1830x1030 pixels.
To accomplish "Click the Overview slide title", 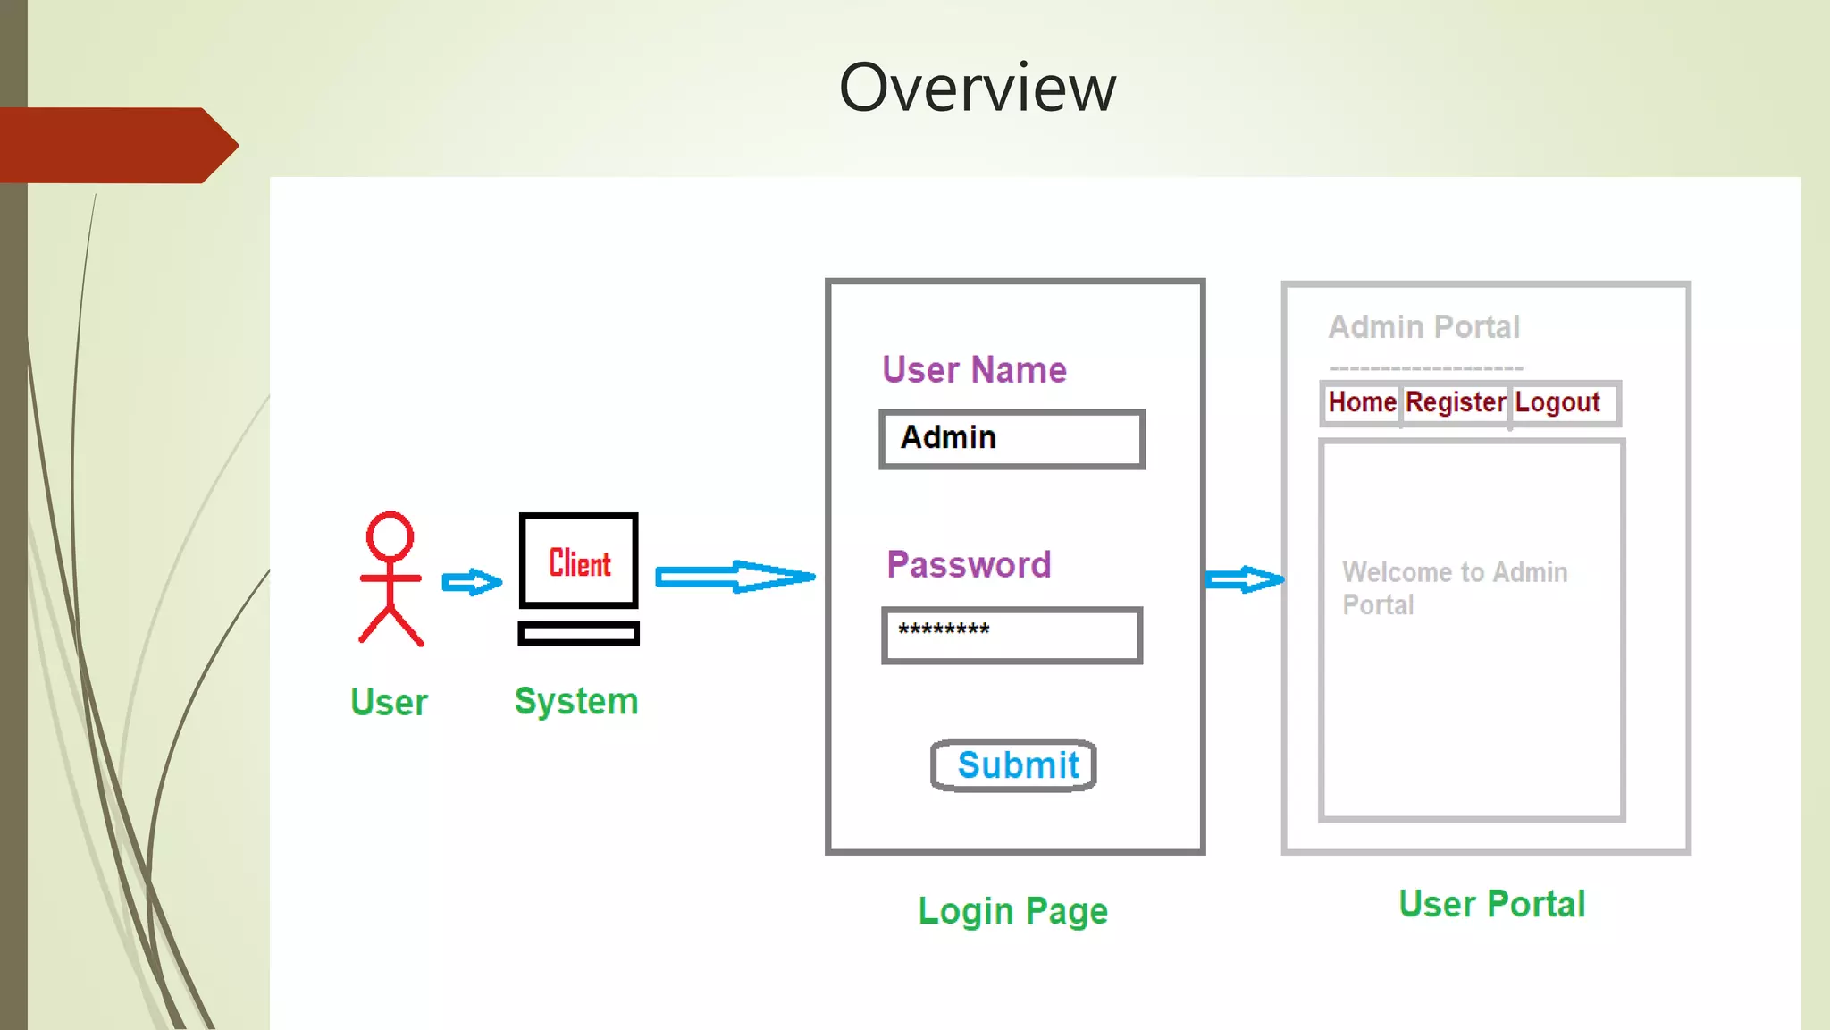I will point(977,88).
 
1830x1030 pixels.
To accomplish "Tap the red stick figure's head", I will point(390,536).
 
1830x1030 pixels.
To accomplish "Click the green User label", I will point(389,703).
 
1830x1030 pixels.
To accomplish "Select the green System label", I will point(576,701).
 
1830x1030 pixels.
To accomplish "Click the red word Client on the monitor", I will point(579,563).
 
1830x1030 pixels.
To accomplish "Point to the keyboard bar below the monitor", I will point(578,634).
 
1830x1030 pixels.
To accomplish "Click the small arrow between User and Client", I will point(472,583).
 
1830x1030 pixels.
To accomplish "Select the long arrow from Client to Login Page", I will point(735,578).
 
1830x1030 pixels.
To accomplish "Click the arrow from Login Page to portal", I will point(1244,580).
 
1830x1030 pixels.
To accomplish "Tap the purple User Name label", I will point(974,370).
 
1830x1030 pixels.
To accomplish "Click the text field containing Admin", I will point(1012,439).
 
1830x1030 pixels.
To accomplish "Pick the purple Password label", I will point(969,565).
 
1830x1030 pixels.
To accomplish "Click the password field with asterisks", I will point(1012,636).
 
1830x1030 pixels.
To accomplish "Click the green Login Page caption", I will point(1013,911).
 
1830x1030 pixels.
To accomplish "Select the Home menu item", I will point(1362,402).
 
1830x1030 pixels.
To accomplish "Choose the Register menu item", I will point(1456,402).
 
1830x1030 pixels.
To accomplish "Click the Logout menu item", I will point(1557,402).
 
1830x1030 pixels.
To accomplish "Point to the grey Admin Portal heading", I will point(1423,327).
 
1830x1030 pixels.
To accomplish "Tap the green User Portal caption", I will point(1491,904).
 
